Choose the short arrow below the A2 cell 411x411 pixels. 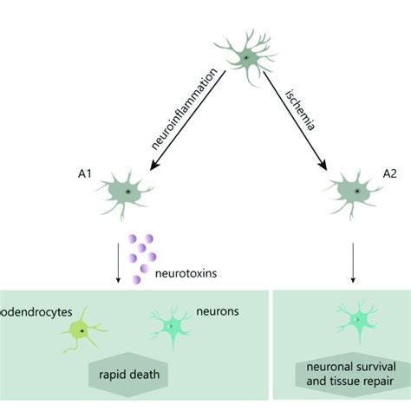pyautogui.click(x=354, y=264)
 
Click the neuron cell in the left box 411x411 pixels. pyautogui.click(x=173, y=326)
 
